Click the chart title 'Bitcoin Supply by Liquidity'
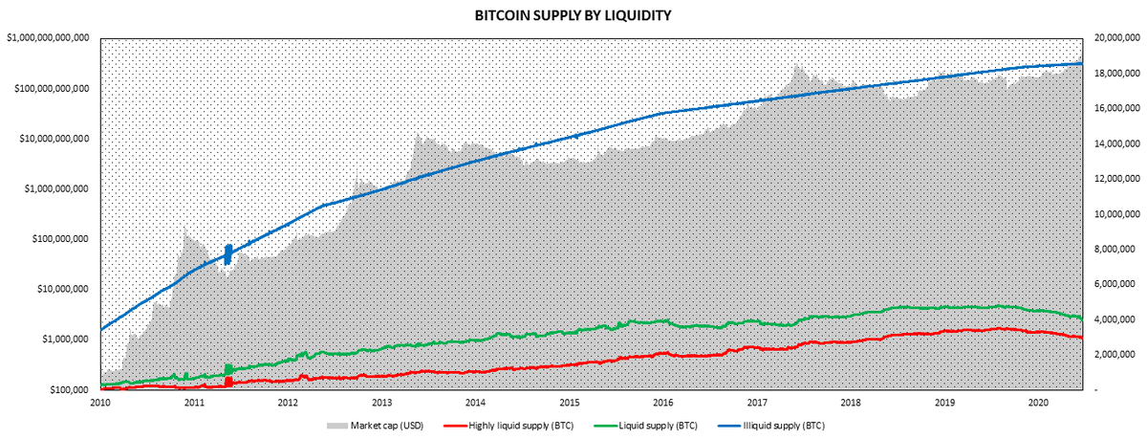573,16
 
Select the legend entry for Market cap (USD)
374,425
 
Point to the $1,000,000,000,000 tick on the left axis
48,38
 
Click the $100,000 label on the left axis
69,390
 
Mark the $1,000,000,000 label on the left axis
54,188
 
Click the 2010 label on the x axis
100,404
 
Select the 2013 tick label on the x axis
381,404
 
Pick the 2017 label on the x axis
757,404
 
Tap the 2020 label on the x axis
1038,404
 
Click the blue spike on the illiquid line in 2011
228,253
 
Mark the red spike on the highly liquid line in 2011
228,381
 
